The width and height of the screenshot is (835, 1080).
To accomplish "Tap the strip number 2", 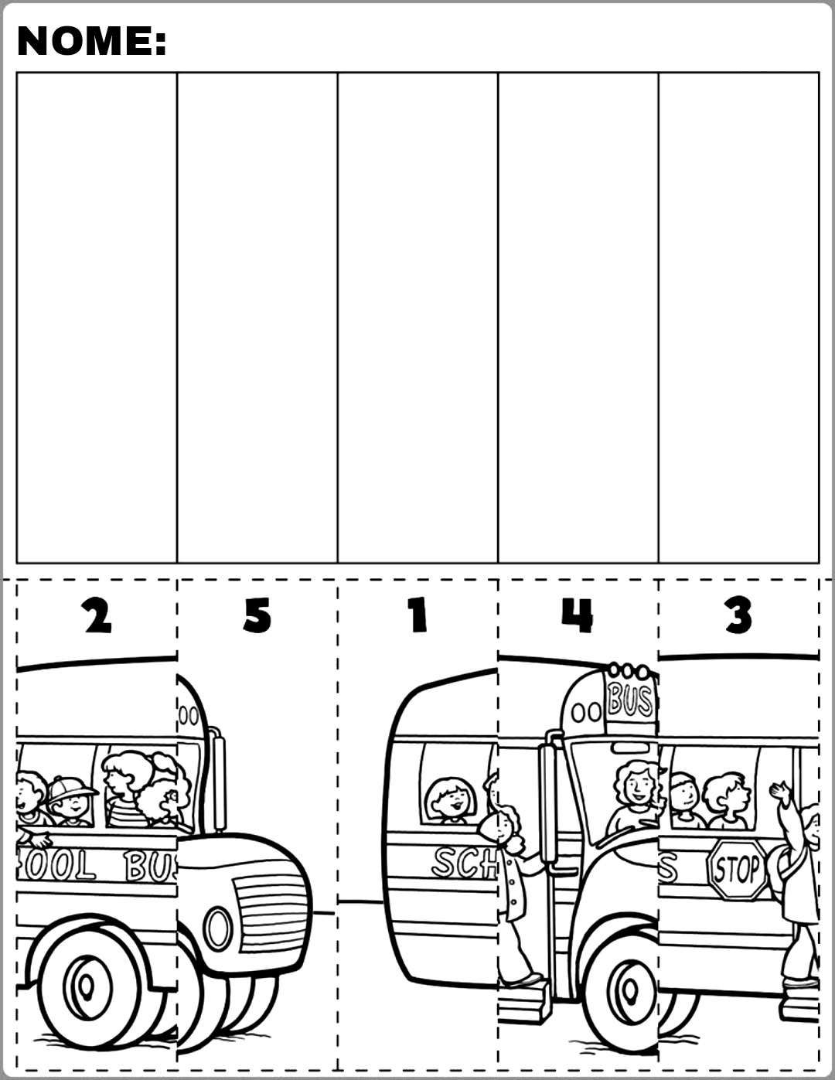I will coord(98,616).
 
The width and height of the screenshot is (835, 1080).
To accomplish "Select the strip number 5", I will coord(257,616).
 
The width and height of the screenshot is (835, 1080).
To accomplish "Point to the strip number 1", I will coord(418,616).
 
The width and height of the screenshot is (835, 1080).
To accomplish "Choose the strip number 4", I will coord(578,615).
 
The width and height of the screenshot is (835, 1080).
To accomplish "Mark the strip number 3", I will coord(739,616).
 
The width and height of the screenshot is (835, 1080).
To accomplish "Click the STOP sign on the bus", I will coord(736,870).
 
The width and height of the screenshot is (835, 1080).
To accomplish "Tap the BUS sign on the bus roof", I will coord(631,700).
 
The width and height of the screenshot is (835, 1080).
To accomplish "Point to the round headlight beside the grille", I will coord(217,928).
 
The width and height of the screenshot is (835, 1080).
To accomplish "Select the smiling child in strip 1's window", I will coord(451,800).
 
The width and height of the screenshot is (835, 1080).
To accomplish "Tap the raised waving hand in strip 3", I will coord(780,792).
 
